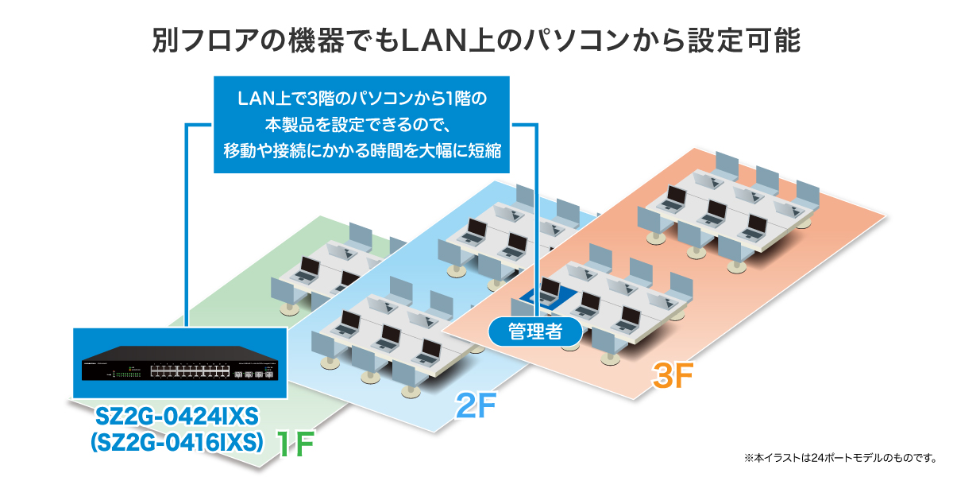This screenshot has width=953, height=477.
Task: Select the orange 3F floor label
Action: pyautogui.click(x=673, y=374)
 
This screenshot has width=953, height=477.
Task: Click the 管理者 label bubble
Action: pyautogui.click(x=535, y=331)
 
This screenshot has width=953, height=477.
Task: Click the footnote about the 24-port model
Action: pyautogui.click(x=839, y=458)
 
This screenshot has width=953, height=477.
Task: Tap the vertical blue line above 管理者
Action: pyautogui.click(x=538, y=223)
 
